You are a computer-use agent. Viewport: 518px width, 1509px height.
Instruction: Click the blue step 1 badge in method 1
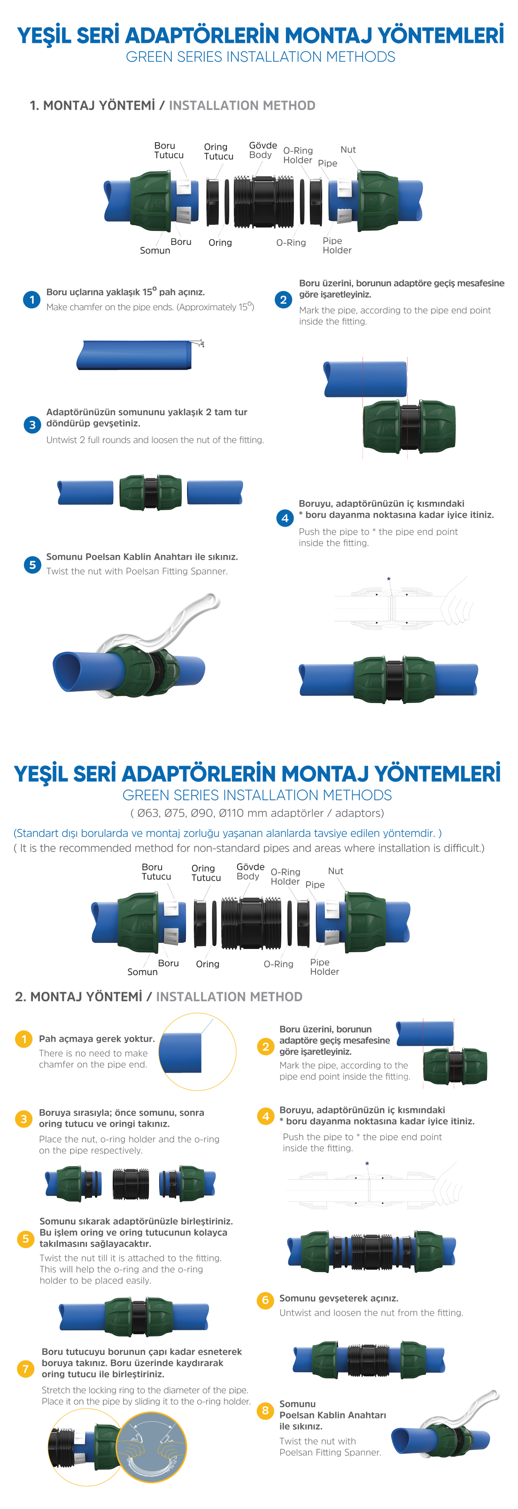tap(31, 300)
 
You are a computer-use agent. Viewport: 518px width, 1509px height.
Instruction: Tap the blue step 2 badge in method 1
tap(283, 300)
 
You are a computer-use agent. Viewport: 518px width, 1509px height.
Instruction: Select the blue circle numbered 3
tap(32, 425)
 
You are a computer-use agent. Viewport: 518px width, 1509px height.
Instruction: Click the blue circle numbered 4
tap(285, 518)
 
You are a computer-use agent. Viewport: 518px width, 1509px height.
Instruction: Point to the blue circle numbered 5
tap(32, 565)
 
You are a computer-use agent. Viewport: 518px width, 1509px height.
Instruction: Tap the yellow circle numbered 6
tap(265, 1300)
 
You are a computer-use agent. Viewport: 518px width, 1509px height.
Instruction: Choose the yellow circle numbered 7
tap(25, 1368)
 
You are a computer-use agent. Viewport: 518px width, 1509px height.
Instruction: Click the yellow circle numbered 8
tap(265, 1410)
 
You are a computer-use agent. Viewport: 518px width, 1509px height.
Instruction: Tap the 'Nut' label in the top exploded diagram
tap(348, 150)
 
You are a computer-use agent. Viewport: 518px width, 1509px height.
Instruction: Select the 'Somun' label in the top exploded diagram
tap(155, 250)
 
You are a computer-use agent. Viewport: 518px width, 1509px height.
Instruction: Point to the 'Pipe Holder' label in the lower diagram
tap(324, 966)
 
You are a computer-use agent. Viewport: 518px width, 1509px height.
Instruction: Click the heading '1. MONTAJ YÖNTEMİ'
tap(93, 105)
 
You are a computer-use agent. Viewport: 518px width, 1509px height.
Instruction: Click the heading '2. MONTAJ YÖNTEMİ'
tap(78, 996)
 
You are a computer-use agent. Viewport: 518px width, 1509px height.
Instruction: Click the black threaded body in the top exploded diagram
tap(263, 201)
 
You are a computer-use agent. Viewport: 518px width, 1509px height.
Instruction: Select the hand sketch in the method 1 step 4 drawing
tap(456, 600)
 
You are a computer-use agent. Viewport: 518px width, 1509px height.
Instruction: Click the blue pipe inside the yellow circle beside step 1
tap(180, 1053)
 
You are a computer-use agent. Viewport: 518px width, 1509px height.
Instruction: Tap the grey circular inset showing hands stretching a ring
tap(151, 1447)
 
